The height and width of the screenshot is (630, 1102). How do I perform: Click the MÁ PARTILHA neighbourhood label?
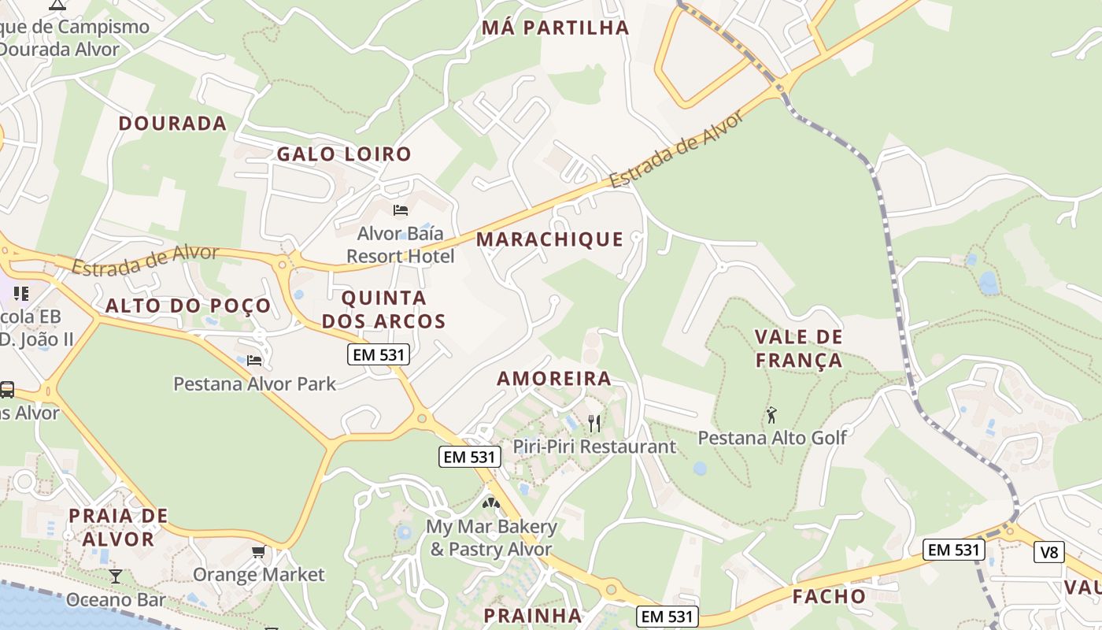[556, 28]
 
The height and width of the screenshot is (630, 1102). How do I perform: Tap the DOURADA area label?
[172, 124]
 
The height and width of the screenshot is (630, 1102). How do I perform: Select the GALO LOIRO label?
[344, 154]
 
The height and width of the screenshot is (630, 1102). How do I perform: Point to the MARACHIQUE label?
[549, 239]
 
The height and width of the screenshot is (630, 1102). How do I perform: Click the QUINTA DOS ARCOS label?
[384, 309]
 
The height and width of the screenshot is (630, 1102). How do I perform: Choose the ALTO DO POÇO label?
[188, 306]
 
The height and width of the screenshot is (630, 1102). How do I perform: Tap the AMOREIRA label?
[554, 379]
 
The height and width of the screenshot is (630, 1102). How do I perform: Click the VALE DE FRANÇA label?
[799, 349]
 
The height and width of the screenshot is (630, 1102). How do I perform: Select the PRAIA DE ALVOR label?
[118, 528]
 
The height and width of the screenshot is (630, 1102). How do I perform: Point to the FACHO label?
[829, 597]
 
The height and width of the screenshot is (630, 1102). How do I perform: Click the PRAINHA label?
[533, 616]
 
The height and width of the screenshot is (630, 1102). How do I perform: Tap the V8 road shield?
[1049, 552]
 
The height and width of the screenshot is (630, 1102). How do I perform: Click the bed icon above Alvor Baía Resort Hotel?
[401, 209]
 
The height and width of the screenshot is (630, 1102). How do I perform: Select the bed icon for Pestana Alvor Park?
[254, 360]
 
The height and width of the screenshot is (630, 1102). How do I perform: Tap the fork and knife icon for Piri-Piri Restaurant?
[594, 424]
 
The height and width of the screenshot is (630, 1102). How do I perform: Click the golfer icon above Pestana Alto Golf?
[771, 414]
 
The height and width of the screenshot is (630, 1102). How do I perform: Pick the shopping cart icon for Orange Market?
[258, 551]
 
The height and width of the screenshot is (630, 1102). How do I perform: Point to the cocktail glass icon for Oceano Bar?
[116, 576]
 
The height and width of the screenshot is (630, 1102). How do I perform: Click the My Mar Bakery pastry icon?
[491, 502]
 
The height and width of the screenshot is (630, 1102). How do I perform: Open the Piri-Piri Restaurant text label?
[594, 447]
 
